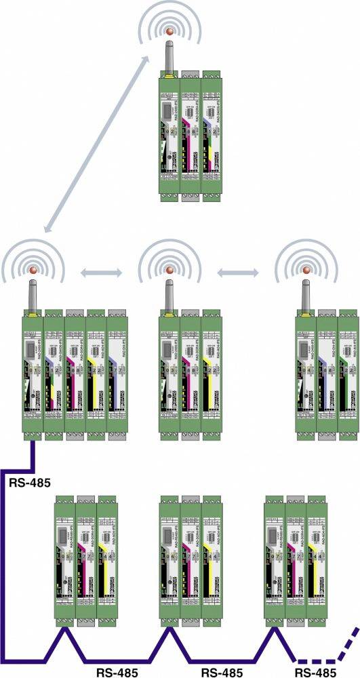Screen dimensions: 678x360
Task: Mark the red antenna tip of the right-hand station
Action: coord(305,271)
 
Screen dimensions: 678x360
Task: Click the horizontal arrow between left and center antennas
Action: coord(101,273)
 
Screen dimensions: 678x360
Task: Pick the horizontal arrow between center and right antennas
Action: coord(237,273)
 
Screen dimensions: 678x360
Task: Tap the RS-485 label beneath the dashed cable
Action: coord(316,671)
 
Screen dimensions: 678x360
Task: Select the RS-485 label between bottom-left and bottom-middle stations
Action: coord(117,671)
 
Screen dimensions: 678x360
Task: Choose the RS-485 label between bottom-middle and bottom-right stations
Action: coord(222,671)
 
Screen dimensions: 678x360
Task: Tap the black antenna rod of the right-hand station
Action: coord(305,292)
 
